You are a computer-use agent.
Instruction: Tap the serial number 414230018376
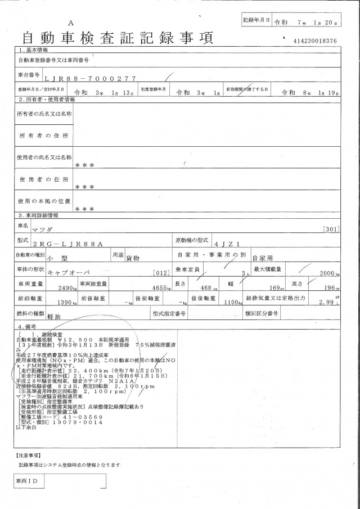click(315, 42)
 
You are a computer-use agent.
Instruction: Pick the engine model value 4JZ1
click(227, 244)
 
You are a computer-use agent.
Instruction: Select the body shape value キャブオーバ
click(69, 271)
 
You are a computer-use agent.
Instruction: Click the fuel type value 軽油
click(54, 317)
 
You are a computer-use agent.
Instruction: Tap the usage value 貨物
click(133, 257)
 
